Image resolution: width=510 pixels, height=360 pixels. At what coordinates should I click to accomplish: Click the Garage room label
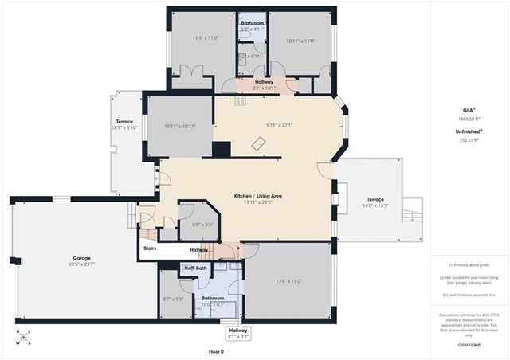(x=82, y=258)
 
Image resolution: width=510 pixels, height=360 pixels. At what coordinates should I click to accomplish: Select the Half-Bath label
(x=195, y=268)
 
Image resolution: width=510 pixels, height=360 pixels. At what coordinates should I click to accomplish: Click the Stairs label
(x=150, y=248)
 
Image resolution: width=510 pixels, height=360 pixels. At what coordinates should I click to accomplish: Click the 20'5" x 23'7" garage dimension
(x=82, y=264)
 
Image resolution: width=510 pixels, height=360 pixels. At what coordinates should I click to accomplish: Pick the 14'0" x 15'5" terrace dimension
(x=375, y=205)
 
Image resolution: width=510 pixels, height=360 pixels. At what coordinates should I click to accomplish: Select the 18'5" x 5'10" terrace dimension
(x=124, y=127)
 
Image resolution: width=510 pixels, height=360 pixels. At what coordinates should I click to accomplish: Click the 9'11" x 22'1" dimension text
(x=280, y=124)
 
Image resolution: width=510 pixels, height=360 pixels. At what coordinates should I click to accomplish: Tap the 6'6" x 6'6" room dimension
(x=202, y=225)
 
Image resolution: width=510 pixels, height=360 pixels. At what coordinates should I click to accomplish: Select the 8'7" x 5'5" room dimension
(x=173, y=299)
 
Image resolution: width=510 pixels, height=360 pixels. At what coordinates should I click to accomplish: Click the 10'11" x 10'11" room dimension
(x=179, y=126)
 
